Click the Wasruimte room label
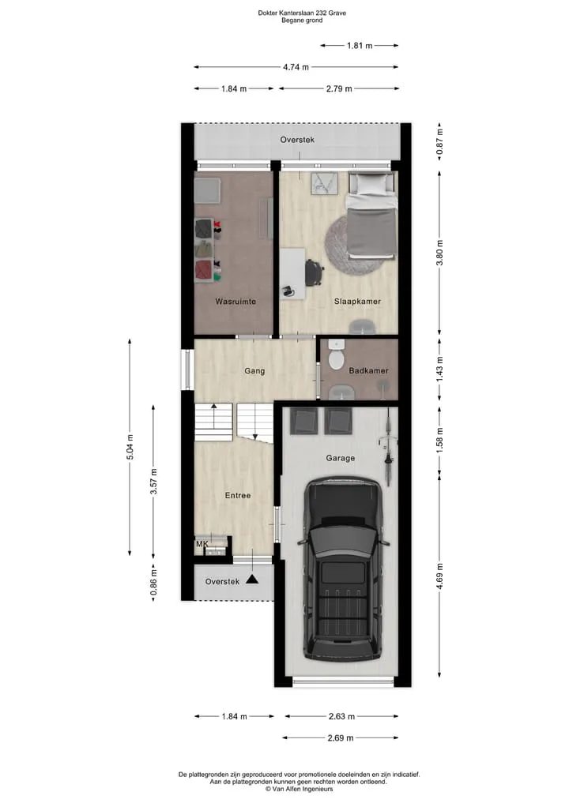tap(236, 302)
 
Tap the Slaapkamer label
tap(357, 302)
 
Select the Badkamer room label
tap(368, 371)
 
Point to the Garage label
tap(341, 458)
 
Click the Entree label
tap(238, 496)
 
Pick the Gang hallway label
tap(254, 371)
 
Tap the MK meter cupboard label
tap(202, 544)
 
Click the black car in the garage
tap(344, 568)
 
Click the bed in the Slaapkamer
tap(372, 215)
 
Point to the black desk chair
tap(315, 272)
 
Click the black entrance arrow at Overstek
tap(251, 579)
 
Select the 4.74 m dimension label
tap(296, 67)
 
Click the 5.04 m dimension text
tap(130, 447)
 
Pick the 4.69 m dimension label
tap(440, 576)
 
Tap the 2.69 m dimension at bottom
tap(341, 738)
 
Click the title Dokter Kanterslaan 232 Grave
tap(302, 13)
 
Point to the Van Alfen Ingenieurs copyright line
tap(299, 789)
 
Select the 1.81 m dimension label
tap(360, 46)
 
